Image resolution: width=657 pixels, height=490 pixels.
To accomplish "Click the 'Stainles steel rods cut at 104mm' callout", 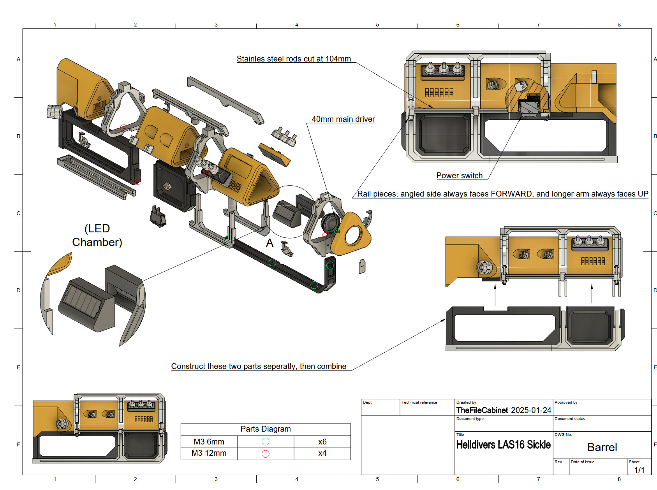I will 294,59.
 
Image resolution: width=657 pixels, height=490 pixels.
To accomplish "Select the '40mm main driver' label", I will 343,119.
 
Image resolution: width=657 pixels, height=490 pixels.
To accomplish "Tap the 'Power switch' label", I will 459,176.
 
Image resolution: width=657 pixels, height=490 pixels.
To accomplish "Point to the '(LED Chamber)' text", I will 97,235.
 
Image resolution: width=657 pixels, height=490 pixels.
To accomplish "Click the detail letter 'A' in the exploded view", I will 269,243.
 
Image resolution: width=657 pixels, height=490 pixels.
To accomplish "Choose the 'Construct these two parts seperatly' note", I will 259,366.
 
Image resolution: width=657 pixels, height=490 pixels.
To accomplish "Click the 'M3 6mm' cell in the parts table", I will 209,442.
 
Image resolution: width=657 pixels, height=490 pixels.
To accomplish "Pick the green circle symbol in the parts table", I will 266,442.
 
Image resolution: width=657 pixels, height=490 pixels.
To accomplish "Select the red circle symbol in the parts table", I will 266,453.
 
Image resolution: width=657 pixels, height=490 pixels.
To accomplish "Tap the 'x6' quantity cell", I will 322,442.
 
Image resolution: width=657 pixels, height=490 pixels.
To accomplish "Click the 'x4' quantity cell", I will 322,453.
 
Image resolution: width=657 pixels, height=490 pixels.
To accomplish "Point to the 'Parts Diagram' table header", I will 266,429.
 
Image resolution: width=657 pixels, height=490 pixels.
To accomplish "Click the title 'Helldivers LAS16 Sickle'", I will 503,445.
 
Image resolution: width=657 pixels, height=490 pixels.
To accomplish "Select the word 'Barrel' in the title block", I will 602,447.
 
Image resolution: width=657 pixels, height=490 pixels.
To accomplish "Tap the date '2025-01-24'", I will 531,410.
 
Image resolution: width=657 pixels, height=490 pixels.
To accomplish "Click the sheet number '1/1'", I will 639,470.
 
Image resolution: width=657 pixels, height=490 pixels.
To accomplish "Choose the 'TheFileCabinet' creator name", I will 482,410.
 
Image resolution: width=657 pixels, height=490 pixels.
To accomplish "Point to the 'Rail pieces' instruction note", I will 502,194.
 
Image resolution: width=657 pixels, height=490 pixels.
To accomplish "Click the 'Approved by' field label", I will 566,402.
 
